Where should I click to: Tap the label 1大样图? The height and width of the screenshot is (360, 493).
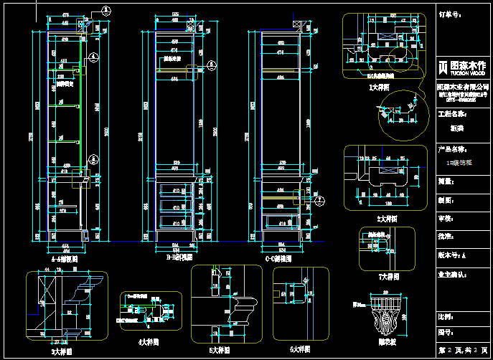coord(378,87)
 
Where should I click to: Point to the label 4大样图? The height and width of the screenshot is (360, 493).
coord(149,341)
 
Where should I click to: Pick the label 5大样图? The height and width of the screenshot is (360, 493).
coord(220,351)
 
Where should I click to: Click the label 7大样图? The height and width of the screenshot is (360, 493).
coord(388,275)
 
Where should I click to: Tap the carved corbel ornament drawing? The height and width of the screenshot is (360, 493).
coord(388,316)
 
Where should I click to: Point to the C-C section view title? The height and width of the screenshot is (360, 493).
coord(278,257)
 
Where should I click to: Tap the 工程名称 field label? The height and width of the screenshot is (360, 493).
coord(452,113)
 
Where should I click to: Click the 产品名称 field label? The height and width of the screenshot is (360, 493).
coord(452,150)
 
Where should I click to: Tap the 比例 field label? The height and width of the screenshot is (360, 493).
coord(446,316)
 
